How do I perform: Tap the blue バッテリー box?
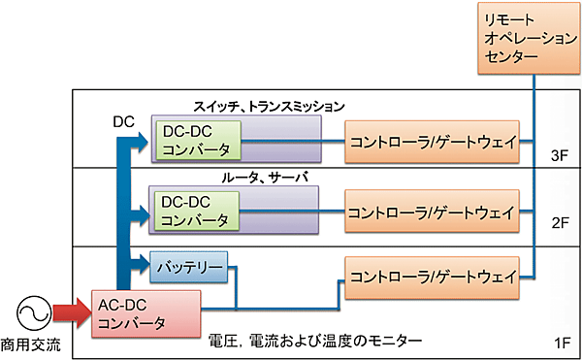click(188, 265)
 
